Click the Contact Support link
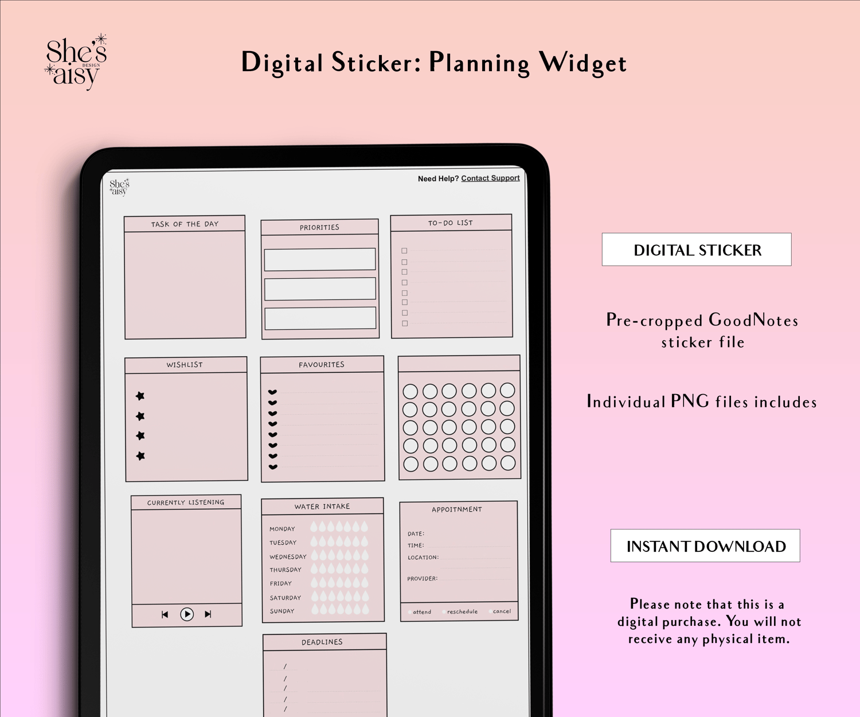pyautogui.click(x=490, y=178)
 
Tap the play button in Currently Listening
pyautogui.click(x=187, y=614)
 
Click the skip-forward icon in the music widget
pyautogui.click(x=208, y=614)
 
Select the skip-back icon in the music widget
pyautogui.click(x=165, y=615)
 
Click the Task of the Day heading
pyautogui.click(x=185, y=224)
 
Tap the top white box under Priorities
pyautogui.click(x=320, y=259)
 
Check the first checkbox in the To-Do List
pyautogui.click(x=404, y=251)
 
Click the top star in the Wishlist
pyautogui.click(x=140, y=396)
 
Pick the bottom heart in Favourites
pyautogui.click(x=273, y=467)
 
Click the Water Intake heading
pyautogui.click(x=322, y=506)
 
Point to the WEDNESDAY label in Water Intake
pyautogui.click(x=288, y=557)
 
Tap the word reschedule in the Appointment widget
pyautogui.click(x=463, y=611)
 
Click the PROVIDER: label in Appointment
pyautogui.click(x=422, y=579)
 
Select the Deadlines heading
pyautogui.click(x=322, y=642)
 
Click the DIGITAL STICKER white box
pyautogui.click(x=697, y=250)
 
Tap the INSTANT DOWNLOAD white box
pyautogui.click(x=705, y=545)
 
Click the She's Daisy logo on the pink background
pyautogui.click(x=76, y=62)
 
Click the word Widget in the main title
pyautogui.click(x=583, y=64)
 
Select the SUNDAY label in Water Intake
pyautogui.click(x=282, y=611)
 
